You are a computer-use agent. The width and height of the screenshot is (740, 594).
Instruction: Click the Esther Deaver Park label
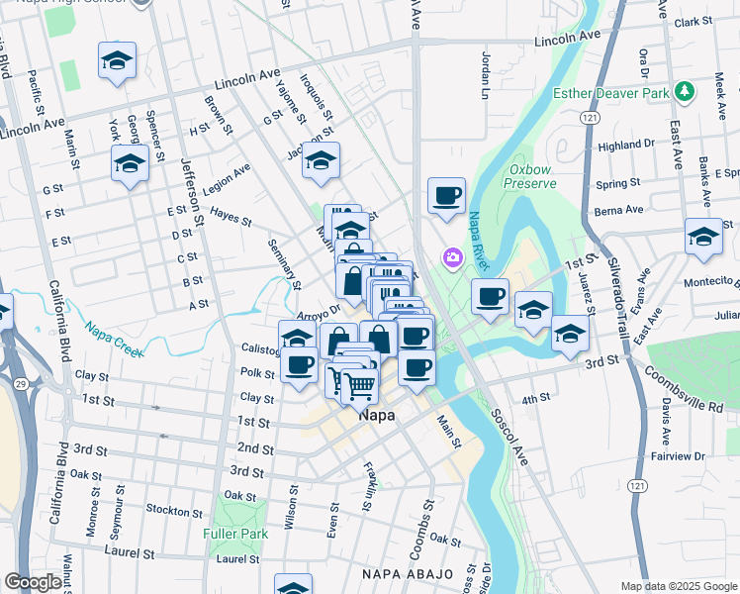click(606, 95)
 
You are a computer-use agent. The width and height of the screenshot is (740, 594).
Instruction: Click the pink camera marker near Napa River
click(453, 257)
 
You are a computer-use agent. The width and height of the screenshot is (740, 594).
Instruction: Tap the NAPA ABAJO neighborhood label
click(408, 574)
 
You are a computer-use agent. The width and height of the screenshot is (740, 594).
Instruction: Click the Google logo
click(33, 582)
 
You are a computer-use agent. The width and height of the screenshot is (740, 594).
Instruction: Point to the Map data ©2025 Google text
click(678, 586)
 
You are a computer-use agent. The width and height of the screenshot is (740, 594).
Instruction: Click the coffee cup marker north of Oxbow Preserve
click(446, 195)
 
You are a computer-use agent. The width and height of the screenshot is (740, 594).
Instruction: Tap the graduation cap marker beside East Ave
click(703, 238)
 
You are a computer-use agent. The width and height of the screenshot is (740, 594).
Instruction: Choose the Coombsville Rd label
click(684, 390)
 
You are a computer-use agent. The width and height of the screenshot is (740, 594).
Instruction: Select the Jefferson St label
click(192, 190)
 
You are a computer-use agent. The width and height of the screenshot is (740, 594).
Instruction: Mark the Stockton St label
click(173, 511)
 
